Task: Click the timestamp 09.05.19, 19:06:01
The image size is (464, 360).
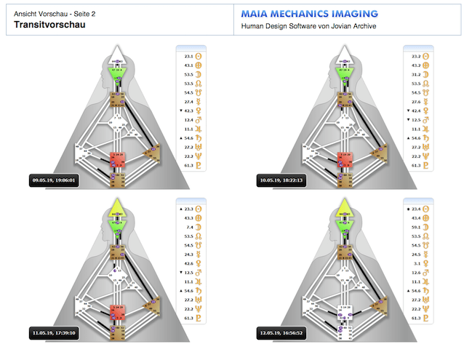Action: click(55, 179)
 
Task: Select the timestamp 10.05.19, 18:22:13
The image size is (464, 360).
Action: click(283, 179)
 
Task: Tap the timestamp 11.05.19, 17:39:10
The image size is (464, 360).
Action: click(55, 332)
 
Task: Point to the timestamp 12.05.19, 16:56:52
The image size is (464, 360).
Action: click(283, 332)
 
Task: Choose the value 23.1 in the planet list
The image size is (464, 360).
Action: click(188, 55)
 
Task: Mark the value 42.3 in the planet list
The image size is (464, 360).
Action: click(188, 111)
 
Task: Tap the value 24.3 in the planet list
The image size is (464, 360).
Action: click(188, 255)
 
